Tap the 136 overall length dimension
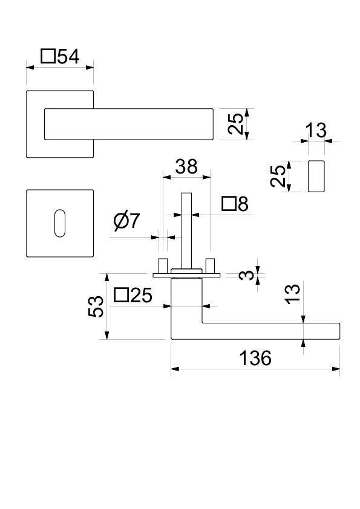point(255,358)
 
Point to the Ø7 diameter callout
point(126,221)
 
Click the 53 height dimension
point(96,306)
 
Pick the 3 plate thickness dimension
point(246,275)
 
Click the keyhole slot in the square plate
point(60,223)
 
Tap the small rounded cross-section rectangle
point(316,176)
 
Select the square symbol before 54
point(48,56)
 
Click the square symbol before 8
point(229,204)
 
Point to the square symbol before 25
point(121,295)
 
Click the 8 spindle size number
point(243,204)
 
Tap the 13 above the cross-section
point(316,130)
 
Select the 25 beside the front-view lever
point(235,124)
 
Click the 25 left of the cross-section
point(278,176)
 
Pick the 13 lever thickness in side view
point(293,294)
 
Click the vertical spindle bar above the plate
point(186,230)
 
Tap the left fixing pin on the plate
point(162,265)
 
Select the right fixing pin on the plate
point(211,265)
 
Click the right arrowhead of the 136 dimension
point(336,369)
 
